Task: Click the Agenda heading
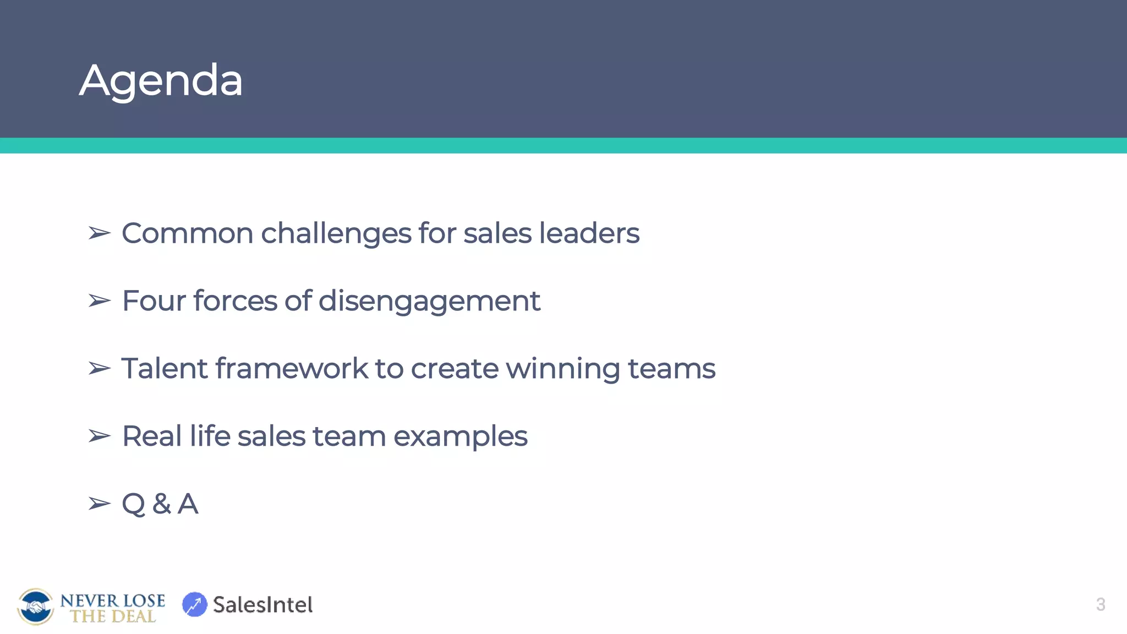(161, 80)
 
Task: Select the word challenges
(336, 233)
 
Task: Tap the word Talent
(164, 369)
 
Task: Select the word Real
(152, 436)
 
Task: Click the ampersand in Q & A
(162, 504)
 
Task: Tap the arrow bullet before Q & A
(100, 504)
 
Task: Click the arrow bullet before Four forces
(100, 301)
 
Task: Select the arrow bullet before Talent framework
(100, 369)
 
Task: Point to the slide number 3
(1100, 604)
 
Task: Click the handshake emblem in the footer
(36, 606)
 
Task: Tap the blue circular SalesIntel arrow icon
(194, 604)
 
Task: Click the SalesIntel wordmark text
(262, 605)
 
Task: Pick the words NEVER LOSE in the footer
(112, 600)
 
